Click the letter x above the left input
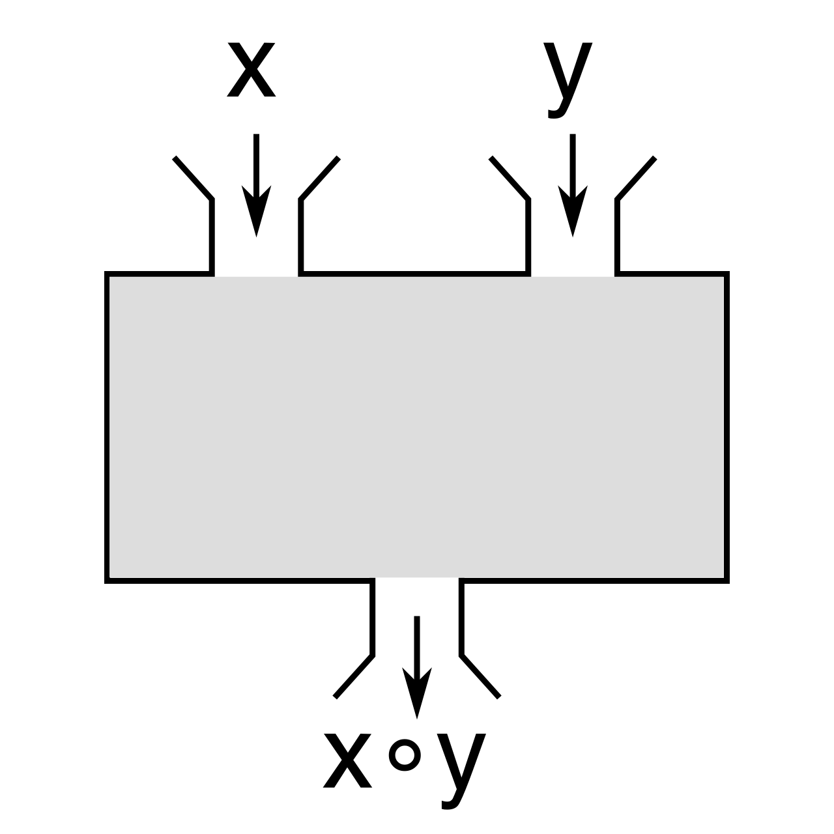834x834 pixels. point(252,69)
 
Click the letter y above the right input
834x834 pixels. point(568,80)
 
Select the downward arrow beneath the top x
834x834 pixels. point(256,185)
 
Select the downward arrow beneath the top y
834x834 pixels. point(573,185)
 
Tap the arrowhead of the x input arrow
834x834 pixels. point(256,211)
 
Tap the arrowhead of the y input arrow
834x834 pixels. point(573,211)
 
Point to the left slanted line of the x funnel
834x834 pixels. point(193,179)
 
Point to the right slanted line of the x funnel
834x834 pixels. point(319,179)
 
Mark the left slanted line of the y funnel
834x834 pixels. point(510,179)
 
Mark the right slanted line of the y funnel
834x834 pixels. point(636,179)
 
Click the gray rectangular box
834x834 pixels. point(417,427)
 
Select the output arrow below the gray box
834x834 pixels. point(417,667)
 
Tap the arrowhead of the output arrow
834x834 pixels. point(417,693)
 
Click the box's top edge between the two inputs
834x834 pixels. point(414,274)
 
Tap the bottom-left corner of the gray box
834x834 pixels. point(106,581)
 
